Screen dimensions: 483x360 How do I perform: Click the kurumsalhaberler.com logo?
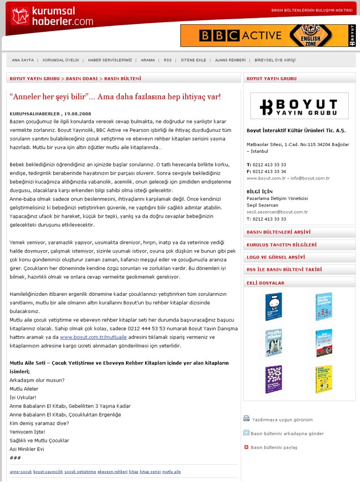52,16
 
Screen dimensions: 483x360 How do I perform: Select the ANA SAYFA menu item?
23,60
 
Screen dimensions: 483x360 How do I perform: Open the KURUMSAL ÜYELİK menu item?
61,60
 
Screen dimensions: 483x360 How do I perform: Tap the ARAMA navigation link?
148,60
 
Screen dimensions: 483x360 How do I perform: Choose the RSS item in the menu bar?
168,60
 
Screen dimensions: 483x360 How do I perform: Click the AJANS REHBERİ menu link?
231,60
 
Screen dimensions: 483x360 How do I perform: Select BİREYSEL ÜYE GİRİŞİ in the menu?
275,60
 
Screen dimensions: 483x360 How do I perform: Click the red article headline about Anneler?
115,96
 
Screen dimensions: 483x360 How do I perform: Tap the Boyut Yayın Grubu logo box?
299,106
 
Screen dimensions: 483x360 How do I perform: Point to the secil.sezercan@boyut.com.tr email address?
277,212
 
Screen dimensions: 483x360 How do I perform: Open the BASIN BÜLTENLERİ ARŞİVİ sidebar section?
278,232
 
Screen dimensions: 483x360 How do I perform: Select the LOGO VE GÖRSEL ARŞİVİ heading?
276,257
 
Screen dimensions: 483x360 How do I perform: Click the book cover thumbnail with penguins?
274,343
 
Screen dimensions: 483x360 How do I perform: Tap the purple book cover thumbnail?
274,379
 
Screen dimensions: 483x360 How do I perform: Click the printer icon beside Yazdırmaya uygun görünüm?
246,419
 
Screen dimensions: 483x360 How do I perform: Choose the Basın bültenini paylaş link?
274,447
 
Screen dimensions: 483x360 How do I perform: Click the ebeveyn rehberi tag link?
112,472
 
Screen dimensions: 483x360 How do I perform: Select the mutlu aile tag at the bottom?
172,472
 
